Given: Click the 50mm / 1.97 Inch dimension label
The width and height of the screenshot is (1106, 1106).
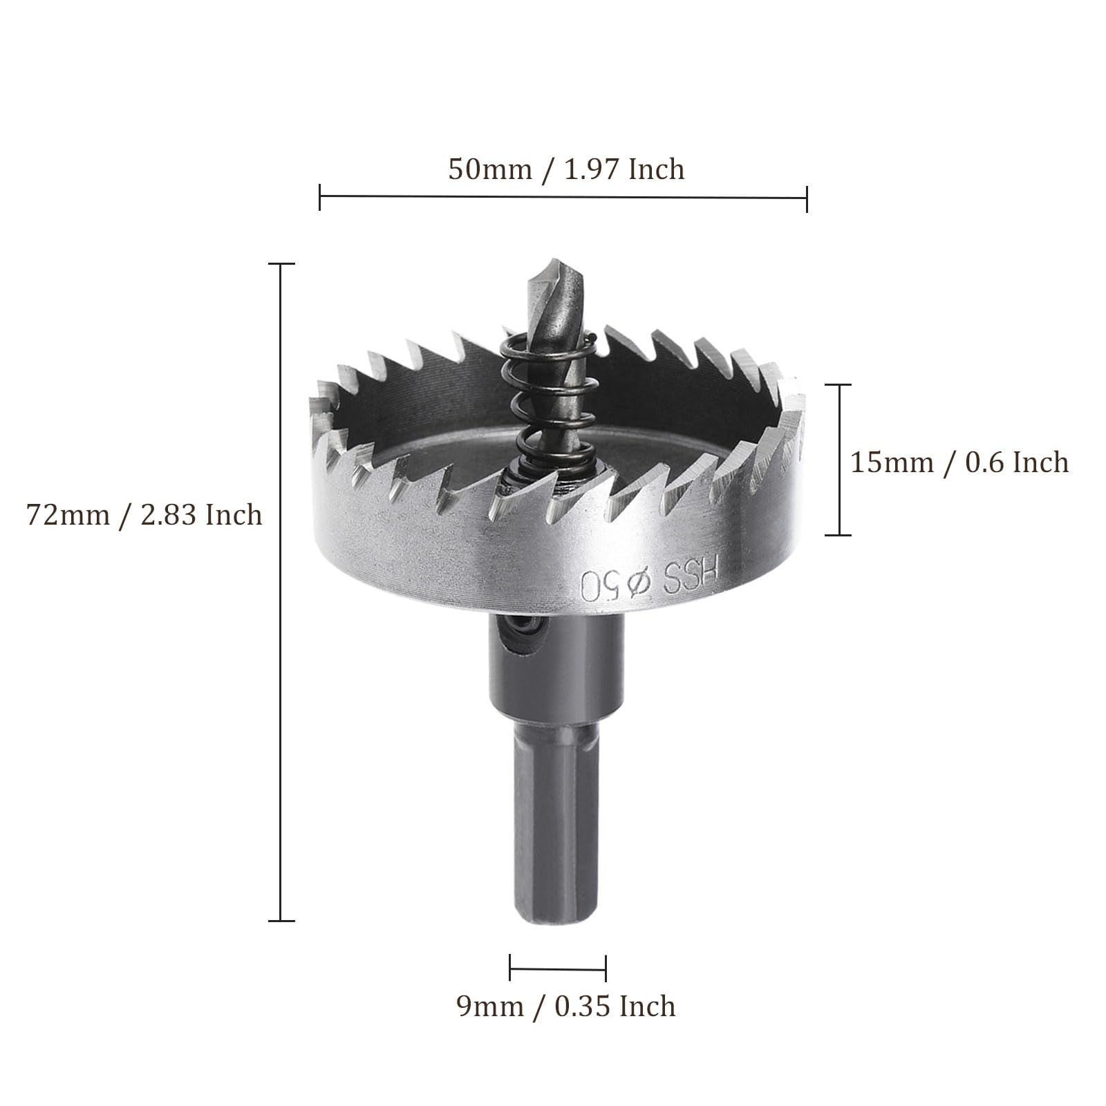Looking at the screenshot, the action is pyautogui.click(x=566, y=169).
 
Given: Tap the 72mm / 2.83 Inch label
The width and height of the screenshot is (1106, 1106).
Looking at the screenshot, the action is pyautogui.click(x=144, y=515).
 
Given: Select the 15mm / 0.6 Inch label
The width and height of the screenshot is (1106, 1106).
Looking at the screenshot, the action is pyautogui.click(x=959, y=462).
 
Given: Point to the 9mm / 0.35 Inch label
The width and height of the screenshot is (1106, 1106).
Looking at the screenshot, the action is pyautogui.click(x=566, y=1006).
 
